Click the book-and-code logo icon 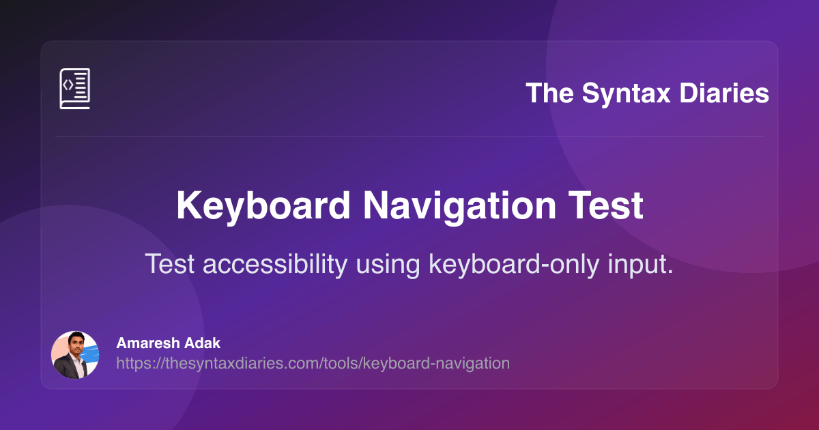[x=74, y=89]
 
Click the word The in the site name [x=549, y=93]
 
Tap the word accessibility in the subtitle [x=274, y=264]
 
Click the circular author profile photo [x=75, y=355]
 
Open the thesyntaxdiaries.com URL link [x=313, y=363]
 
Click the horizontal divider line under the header [x=409, y=137]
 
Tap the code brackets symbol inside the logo [x=68, y=85]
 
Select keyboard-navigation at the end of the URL [x=437, y=363]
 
